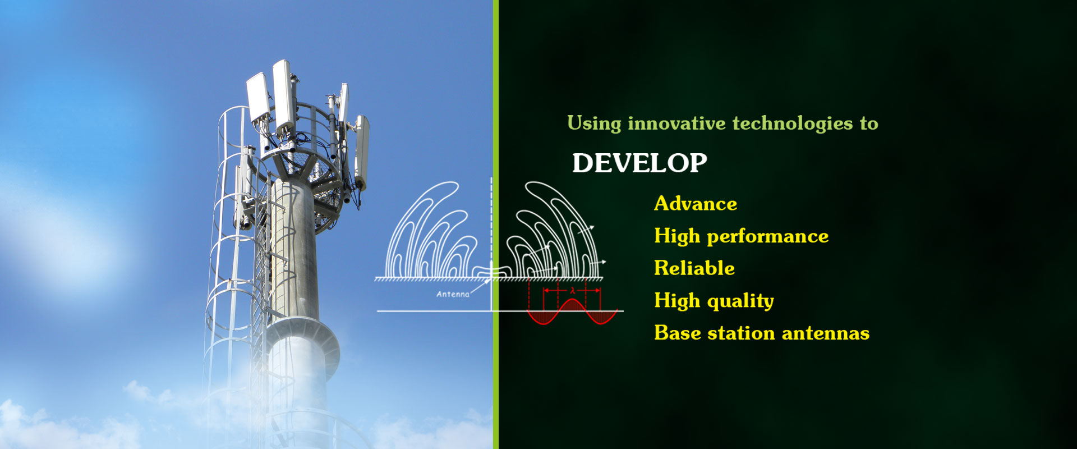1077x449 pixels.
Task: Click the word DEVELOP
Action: pyautogui.click(x=639, y=163)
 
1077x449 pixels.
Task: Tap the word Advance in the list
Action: pyautogui.click(x=696, y=203)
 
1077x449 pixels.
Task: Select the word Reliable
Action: pyautogui.click(x=694, y=268)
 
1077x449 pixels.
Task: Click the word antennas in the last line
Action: pyautogui.click(x=826, y=333)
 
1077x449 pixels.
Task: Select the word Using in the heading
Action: pyautogui.click(x=594, y=123)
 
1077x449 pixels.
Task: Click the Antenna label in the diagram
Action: pyautogui.click(x=453, y=294)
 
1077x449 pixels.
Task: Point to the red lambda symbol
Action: pyautogui.click(x=572, y=291)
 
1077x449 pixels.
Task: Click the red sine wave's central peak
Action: pyautogui.click(x=572, y=300)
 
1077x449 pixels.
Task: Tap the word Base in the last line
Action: pyautogui.click(x=678, y=333)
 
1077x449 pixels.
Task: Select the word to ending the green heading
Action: pyautogui.click(x=869, y=123)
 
